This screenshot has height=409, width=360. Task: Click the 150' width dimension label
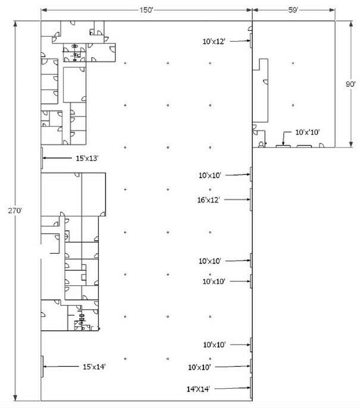[x=146, y=10]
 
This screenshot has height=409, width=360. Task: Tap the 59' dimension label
[x=293, y=10]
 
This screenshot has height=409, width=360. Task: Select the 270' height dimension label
[x=15, y=210]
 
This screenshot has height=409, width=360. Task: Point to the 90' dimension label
[x=350, y=84]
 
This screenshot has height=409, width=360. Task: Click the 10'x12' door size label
[x=214, y=42]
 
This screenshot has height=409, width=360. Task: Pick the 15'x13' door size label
[x=87, y=158]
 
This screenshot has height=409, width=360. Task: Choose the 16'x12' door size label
[x=208, y=200]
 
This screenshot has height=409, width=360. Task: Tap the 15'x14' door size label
[x=94, y=367]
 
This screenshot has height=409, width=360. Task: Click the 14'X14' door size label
[x=198, y=389]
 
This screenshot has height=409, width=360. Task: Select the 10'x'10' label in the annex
[x=307, y=132]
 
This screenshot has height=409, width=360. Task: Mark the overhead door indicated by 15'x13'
[x=42, y=158]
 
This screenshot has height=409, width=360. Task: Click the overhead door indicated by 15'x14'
[x=42, y=366]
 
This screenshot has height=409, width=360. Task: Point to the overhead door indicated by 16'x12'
[x=251, y=199]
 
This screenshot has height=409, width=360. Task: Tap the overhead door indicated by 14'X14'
[x=251, y=388]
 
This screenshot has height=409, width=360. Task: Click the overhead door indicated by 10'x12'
[x=251, y=40]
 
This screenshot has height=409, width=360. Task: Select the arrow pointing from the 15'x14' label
[x=61, y=366]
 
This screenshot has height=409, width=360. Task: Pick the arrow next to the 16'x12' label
[x=237, y=200]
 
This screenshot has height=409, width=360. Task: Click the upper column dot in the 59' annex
[x=293, y=63]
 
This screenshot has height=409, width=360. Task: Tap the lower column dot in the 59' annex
[x=293, y=105]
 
